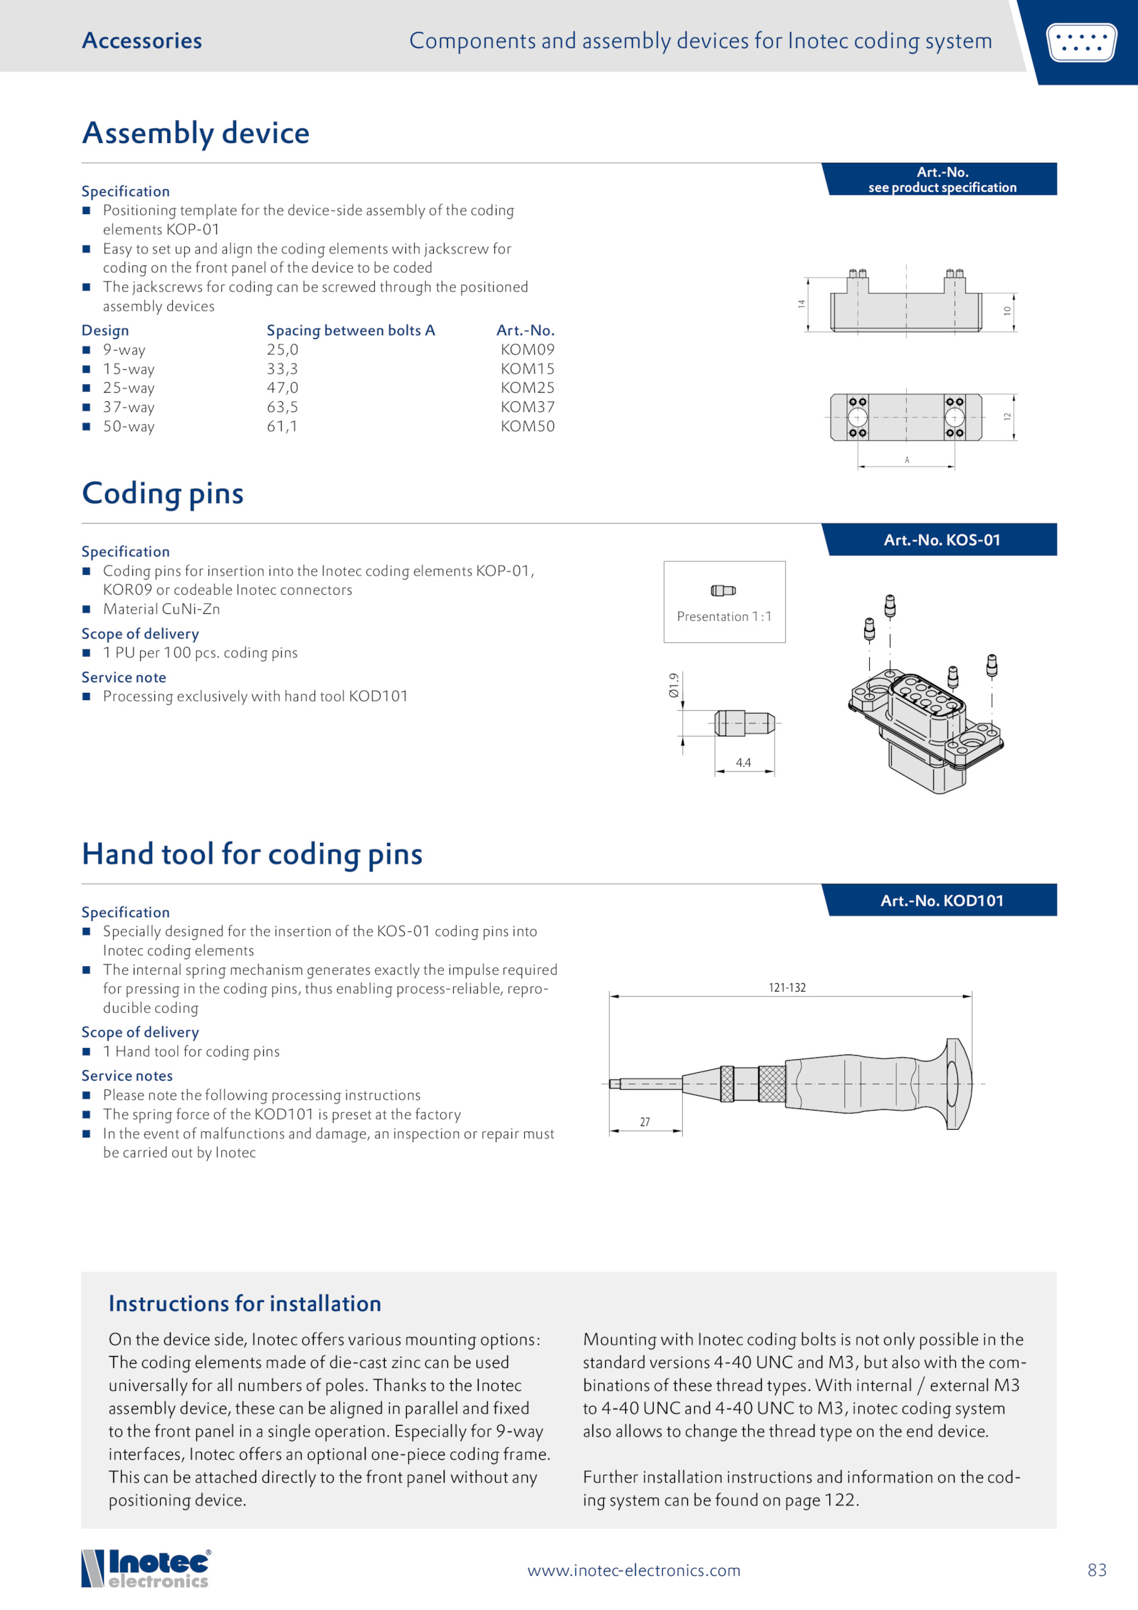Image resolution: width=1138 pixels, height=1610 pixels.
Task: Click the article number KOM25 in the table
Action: tap(527, 388)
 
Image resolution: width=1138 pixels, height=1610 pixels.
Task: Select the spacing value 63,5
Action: tap(282, 407)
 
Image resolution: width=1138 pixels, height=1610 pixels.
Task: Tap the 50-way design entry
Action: tap(128, 426)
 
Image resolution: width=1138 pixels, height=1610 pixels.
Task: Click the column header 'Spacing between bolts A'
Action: tap(351, 330)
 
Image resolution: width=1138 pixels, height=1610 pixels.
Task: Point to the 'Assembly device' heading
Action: tap(196, 133)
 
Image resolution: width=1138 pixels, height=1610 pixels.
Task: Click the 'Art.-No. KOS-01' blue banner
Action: tap(942, 540)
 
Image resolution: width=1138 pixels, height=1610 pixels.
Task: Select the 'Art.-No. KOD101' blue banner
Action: tap(942, 901)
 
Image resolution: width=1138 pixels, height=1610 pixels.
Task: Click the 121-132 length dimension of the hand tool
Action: tap(787, 987)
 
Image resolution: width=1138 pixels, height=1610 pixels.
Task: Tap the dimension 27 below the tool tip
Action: tap(644, 1122)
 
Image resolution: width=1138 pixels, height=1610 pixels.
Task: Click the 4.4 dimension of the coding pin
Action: tap(743, 763)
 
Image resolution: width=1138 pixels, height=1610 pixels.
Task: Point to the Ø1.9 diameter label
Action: tap(674, 684)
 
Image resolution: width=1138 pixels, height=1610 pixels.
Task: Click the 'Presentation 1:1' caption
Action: tap(724, 616)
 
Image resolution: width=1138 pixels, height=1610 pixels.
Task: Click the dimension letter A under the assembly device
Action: tap(907, 460)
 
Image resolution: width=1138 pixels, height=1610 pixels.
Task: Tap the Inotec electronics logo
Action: tap(147, 1569)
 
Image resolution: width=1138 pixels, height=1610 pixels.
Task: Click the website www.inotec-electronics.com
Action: tap(634, 1570)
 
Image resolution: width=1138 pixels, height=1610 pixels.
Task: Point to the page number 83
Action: tap(1097, 1570)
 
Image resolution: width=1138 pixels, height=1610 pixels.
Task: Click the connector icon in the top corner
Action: tap(1081, 42)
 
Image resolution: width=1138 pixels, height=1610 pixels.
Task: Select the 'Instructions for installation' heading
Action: tap(245, 1303)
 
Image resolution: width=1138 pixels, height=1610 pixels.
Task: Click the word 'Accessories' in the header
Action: tap(142, 41)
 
